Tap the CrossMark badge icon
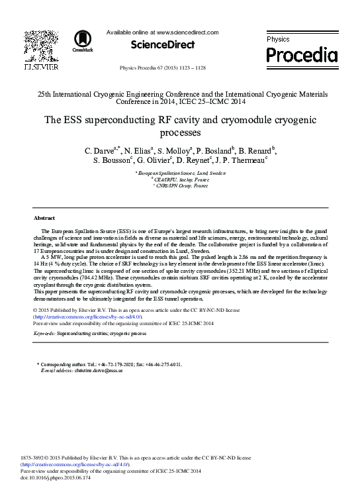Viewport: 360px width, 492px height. tap(83, 41)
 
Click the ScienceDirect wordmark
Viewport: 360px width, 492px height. tap(163, 45)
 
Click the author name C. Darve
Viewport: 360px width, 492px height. tap(100, 151)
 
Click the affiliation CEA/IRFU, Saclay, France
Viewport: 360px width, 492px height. tap(181, 179)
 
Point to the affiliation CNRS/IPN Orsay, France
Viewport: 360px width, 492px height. tap(181, 186)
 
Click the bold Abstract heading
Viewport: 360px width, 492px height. tap(44, 218)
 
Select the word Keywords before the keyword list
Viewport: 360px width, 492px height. tap(44, 334)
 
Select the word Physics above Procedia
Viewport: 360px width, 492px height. tap(278, 40)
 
